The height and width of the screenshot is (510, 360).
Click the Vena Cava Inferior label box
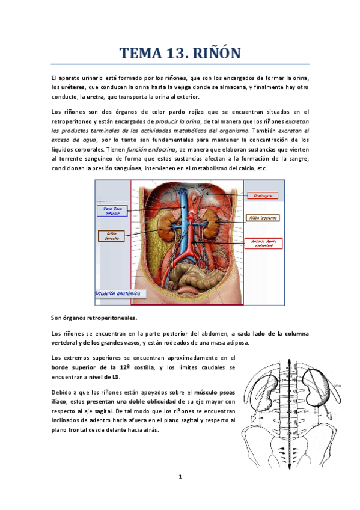[x=112, y=210]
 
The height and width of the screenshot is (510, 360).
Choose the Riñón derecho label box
[x=112, y=235]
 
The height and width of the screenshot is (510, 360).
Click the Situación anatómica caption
[x=121, y=293]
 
